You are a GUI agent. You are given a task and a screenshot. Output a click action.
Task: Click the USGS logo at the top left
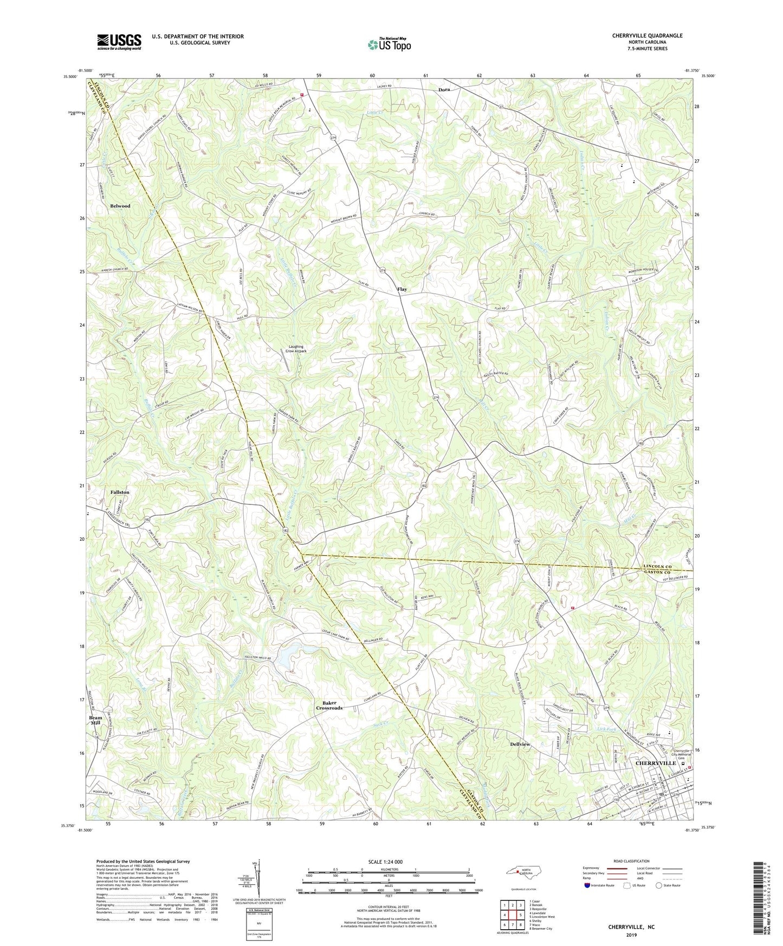pyautogui.click(x=119, y=41)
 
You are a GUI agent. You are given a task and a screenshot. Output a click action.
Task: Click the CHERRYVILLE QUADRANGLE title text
pyautogui.click(x=647, y=36)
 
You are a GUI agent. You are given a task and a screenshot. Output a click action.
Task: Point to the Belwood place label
pyautogui.click(x=120, y=206)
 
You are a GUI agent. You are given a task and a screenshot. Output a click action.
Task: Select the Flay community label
pyautogui.click(x=402, y=289)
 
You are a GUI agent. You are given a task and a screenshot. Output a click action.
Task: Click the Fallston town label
pyautogui.click(x=120, y=492)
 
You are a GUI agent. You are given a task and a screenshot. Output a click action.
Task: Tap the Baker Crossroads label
pyautogui.click(x=329, y=705)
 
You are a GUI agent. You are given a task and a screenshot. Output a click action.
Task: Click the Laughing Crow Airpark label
pyautogui.click(x=296, y=349)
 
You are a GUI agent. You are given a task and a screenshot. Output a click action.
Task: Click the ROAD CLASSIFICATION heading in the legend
pyautogui.click(x=632, y=861)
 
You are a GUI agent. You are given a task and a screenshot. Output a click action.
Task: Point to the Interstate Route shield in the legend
pyautogui.click(x=588, y=885)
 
